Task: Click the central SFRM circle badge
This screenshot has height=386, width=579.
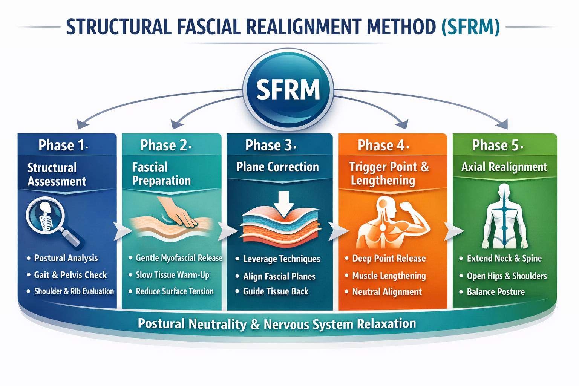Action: (288, 90)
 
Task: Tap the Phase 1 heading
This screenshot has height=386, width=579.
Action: (63, 145)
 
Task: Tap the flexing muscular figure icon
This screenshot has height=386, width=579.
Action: (392, 222)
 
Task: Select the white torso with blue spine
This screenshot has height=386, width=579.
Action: (504, 217)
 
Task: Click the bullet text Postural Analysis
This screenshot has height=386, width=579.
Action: (66, 258)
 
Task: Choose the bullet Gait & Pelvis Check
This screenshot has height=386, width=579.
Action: (70, 275)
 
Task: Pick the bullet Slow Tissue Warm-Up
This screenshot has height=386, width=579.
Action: (172, 275)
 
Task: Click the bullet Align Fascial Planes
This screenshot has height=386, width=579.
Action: (279, 276)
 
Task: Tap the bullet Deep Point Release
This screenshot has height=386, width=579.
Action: (389, 259)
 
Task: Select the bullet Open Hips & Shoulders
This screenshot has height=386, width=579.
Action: (507, 276)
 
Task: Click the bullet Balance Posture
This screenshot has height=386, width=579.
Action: (496, 292)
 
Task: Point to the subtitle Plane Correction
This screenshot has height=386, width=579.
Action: (277, 167)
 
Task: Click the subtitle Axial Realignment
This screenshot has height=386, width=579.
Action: (504, 167)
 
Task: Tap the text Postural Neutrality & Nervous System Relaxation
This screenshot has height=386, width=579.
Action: (277, 324)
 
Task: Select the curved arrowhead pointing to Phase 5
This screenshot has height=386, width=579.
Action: (502, 124)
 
